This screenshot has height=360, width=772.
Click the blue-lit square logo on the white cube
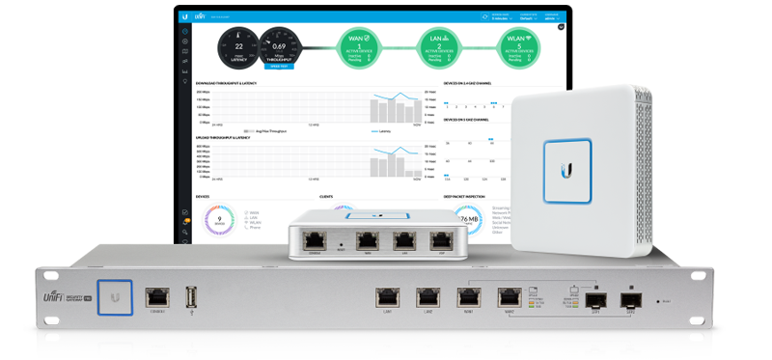(x=567, y=165)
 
